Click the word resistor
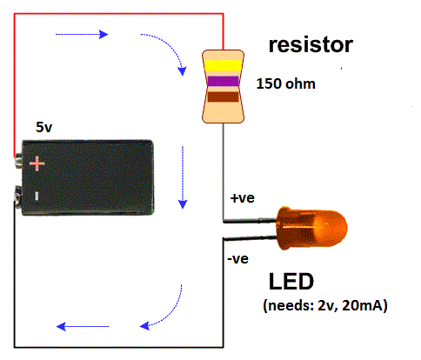click(x=311, y=44)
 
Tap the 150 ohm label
click(x=286, y=86)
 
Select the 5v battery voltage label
click(x=44, y=126)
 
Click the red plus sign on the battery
click(x=37, y=163)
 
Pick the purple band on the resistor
click(x=222, y=81)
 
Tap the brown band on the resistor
click(x=222, y=97)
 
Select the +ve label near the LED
click(x=243, y=198)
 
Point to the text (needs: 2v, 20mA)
click(x=324, y=306)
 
